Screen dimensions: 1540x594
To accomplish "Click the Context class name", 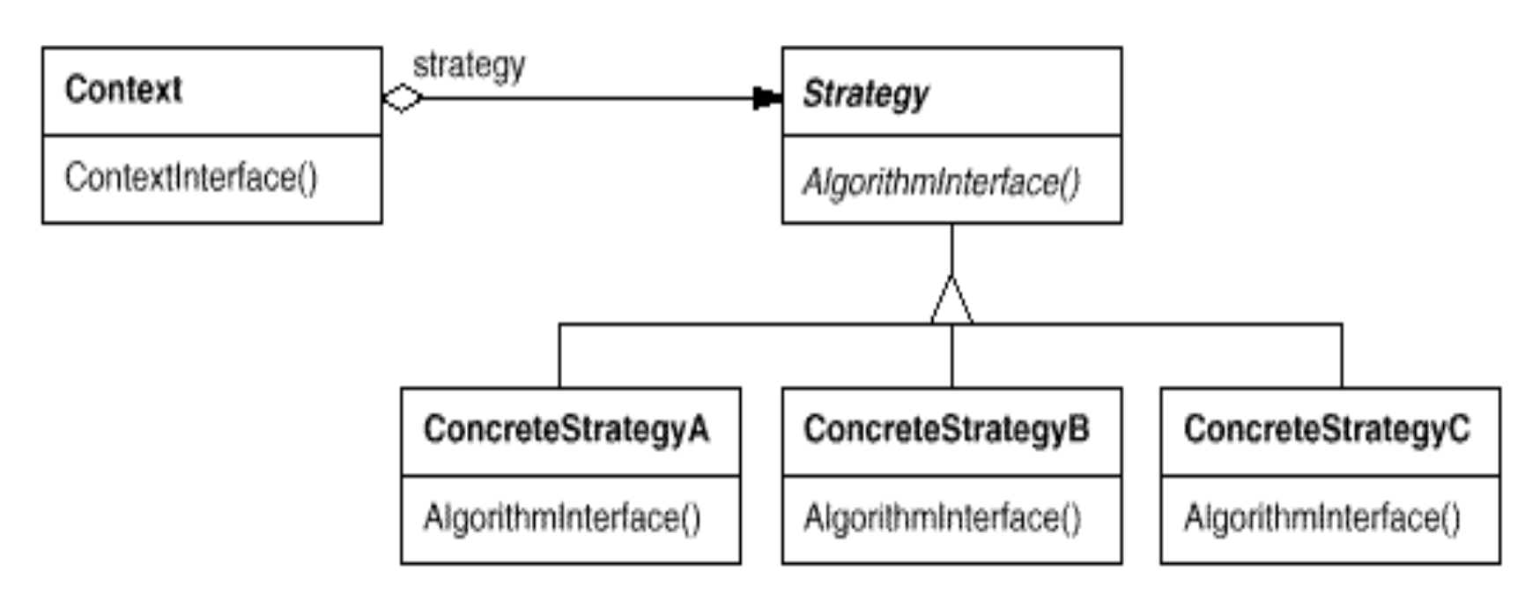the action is pyautogui.click(x=123, y=89).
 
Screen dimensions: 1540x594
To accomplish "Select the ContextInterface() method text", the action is pyautogui.click(x=191, y=178).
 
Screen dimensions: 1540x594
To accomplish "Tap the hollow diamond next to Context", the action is pyautogui.click(x=403, y=98).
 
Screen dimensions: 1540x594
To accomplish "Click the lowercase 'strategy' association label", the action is pyautogui.click(x=469, y=66).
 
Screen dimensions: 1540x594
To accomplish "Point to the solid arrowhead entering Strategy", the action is pyautogui.click(x=767, y=98).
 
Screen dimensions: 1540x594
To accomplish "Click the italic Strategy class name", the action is pyautogui.click(x=866, y=94).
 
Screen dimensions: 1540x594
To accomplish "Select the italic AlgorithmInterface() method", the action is pyautogui.click(x=941, y=182).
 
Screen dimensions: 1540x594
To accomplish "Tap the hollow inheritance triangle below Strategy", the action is pyautogui.click(x=951, y=300).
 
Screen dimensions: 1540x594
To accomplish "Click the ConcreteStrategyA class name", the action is pyautogui.click(x=566, y=430).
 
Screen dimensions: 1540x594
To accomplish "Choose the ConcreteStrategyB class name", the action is pyautogui.click(x=946, y=430).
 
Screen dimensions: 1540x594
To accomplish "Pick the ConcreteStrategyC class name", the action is pyautogui.click(x=1327, y=430).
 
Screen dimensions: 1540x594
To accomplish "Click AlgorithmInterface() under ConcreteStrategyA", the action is pyautogui.click(x=562, y=518).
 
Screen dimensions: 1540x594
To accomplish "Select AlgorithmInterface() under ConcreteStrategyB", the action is pyautogui.click(x=942, y=518).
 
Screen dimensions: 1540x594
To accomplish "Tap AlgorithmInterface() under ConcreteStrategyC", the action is pyautogui.click(x=1322, y=518).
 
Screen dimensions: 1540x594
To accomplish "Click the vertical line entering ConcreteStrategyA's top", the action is pyautogui.click(x=559, y=356).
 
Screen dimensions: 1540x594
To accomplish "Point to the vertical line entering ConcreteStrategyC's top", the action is pyautogui.click(x=1342, y=356).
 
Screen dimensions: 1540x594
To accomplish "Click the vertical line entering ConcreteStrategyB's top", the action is pyautogui.click(x=951, y=356).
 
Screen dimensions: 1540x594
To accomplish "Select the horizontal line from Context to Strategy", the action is pyautogui.click(x=588, y=98).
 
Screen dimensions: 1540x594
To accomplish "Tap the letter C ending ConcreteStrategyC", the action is pyautogui.click(x=1458, y=429).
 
